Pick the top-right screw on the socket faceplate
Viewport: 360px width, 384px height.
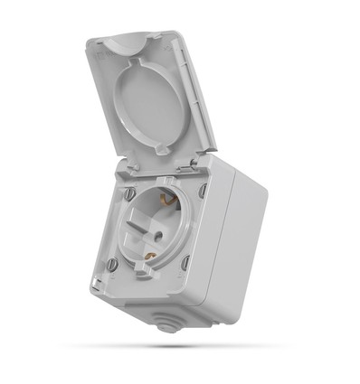(203, 192)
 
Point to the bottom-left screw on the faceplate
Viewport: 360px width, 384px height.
(112, 265)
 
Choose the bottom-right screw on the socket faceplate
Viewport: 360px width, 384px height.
(185, 263)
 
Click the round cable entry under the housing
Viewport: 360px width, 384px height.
(166, 323)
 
